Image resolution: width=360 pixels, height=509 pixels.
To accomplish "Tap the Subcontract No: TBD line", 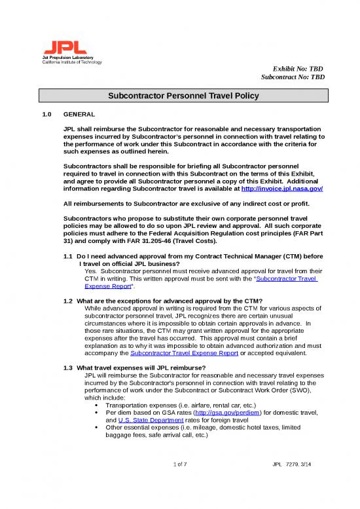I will point(293,77).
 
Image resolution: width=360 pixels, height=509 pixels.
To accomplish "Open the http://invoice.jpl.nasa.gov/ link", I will point(282,188).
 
